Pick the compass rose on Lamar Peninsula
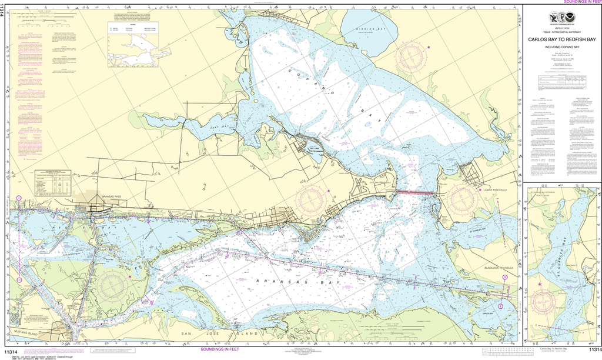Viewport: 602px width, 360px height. (460, 199)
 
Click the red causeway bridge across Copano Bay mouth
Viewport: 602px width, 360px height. (416, 192)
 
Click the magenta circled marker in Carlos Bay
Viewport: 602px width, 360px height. (500, 305)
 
